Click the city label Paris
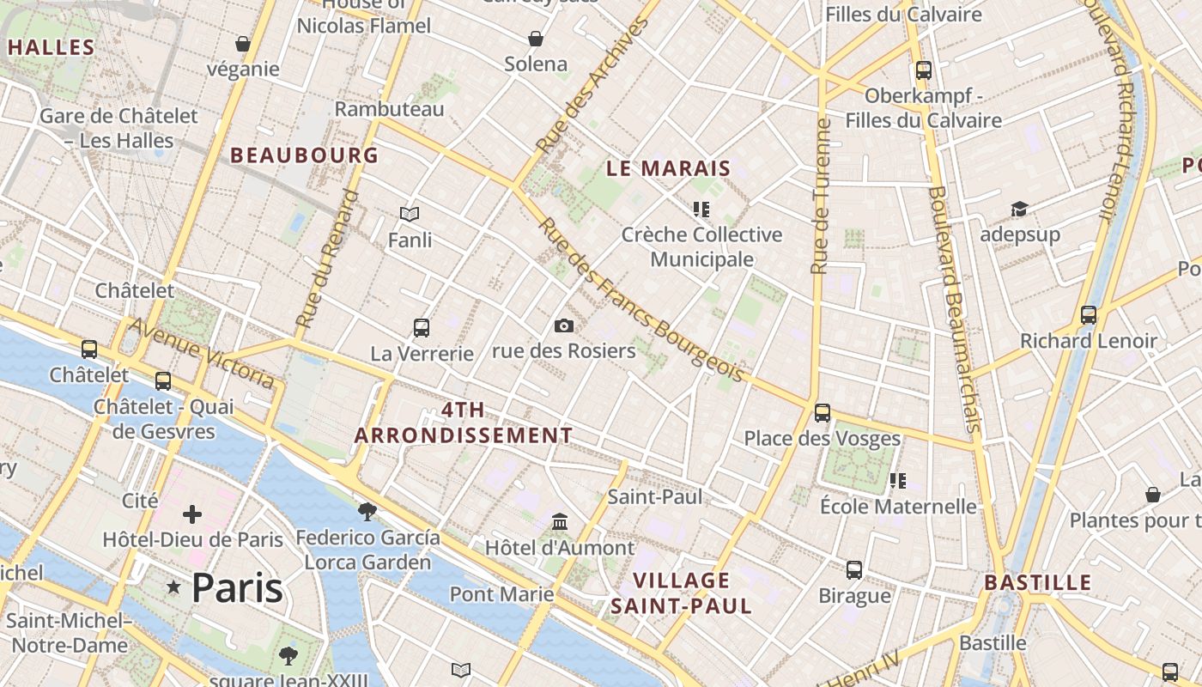(237, 587)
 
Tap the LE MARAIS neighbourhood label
(668, 168)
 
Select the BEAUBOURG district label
(304, 155)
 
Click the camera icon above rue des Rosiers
(563, 325)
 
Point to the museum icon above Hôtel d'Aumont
(560, 521)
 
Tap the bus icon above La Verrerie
(421, 327)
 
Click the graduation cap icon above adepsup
(1019, 209)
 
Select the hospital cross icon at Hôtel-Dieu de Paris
(192, 514)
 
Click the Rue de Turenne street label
(822, 196)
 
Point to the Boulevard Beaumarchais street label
(954, 309)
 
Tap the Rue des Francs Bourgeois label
(641, 300)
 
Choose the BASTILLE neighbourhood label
(1037, 582)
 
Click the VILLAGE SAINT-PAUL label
(681, 593)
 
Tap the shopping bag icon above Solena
(536, 39)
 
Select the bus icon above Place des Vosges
(822, 412)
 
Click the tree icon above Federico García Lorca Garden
(367, 512)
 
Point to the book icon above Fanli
(410, 214)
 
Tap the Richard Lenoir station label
(1088, 341)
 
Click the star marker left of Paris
(174, 587)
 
